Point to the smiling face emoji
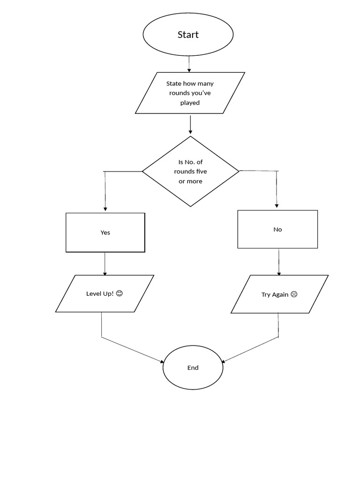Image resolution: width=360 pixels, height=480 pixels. (120, 293)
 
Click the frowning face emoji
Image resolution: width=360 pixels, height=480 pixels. (294, 294)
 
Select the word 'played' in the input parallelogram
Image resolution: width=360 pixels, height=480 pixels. (190, 103)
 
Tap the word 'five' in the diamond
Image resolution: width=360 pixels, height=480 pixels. (201, 172)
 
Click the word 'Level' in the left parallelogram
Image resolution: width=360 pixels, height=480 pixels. (94, 293)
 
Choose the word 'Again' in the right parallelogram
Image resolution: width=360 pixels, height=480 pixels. (280, 294)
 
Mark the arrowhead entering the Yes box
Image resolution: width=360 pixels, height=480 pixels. (105, 209)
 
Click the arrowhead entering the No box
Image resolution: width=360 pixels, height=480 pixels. (277, 206)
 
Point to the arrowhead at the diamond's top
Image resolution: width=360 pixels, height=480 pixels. (190, 132)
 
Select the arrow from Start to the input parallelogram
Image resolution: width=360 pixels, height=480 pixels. (189, 64)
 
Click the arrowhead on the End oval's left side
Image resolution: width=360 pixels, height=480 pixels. (162, 361)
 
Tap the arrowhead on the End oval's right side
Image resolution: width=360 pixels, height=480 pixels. (223, 361)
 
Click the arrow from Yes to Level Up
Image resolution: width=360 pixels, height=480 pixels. (105, 264)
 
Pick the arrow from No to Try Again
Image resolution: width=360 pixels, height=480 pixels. (278, 262)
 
